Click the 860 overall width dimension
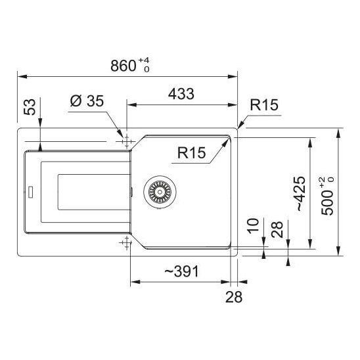pyautogui.click(x=124, y=66)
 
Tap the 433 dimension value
pyautogui.click(x=181, y=94)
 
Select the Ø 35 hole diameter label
pyautogui.click(x=87, y=101)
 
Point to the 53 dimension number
pyautogui.click(x=30, y=107)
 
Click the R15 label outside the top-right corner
pyautogui.click(x=264, y=104)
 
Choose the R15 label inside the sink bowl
pyautogui.click(x=191, y=152)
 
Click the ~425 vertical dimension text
pyautogui.click(x=301, y=194)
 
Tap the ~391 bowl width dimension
pyautogui.click(x=181, y=271)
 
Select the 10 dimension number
pyautogui.click(x=253, y=226)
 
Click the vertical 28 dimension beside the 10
pyautogui.click(x=277, y=229)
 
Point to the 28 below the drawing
pyautogui.click(x=234, y=297)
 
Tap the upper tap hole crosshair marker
pyautogui.click(x=127, y=142)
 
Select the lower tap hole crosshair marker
pyautogui.click(x=127, y=242)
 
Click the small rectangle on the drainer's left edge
pyautogui.click(x=30, y=192)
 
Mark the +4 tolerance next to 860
pyautogui.click(x=144, y=61)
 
